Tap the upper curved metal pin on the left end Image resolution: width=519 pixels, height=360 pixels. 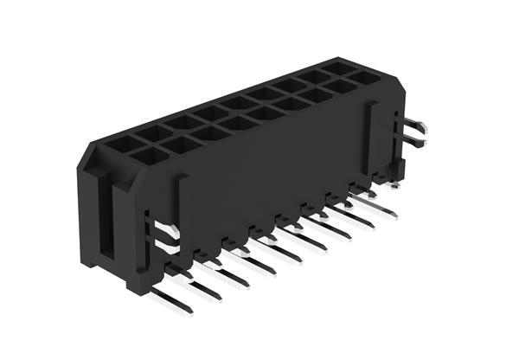coord(165,229)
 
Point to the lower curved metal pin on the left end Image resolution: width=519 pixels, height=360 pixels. coord(167,247)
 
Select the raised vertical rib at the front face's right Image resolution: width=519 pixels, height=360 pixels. coord(374,138)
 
